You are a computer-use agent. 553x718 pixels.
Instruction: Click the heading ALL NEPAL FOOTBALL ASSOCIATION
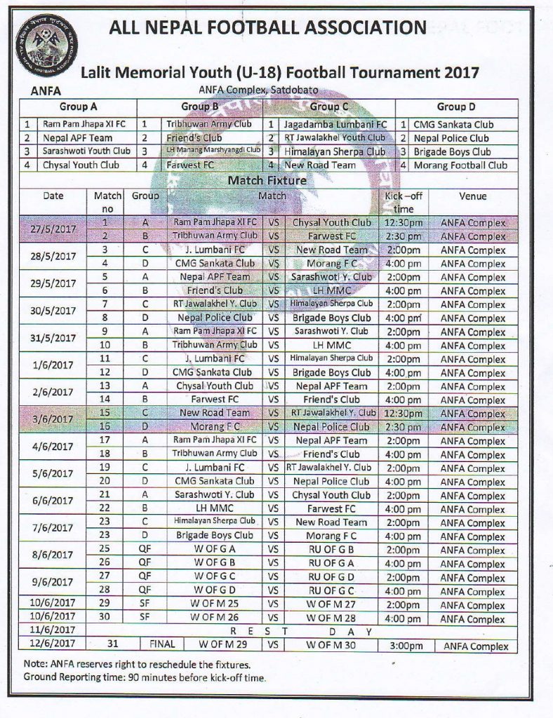point(267,27)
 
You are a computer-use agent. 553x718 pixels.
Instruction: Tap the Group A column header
point(78,107)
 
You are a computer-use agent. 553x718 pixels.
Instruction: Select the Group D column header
point(456,107)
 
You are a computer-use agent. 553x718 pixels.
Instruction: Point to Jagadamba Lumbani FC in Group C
point(335,125)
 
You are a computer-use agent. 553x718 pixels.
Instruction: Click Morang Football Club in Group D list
point(460,165)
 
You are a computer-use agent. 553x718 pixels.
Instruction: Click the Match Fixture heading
point(267,180)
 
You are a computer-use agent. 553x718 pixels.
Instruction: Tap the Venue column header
point(472,197)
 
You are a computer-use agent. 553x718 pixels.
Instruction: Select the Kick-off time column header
point(404,203)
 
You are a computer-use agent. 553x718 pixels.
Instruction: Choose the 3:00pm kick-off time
point(403,646)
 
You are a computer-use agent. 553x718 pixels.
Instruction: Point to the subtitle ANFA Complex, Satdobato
point(267,90)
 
